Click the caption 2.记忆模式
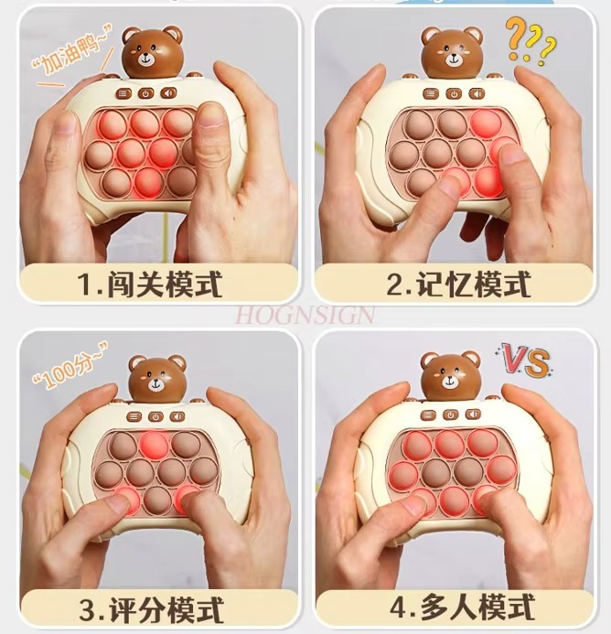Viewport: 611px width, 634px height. point(457,284)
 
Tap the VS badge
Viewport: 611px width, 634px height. point(525,359)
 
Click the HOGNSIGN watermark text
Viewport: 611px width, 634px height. point(305,315)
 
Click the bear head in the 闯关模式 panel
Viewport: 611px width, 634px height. point(152,53)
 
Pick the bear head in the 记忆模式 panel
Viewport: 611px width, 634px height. point(452,52)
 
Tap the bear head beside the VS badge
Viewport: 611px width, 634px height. point(451,378)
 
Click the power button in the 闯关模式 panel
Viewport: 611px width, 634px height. point(146,93)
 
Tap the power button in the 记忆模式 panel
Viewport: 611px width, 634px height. point(453,92)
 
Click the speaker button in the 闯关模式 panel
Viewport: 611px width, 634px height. point(168,93)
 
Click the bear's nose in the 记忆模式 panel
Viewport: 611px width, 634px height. point(452,59)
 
